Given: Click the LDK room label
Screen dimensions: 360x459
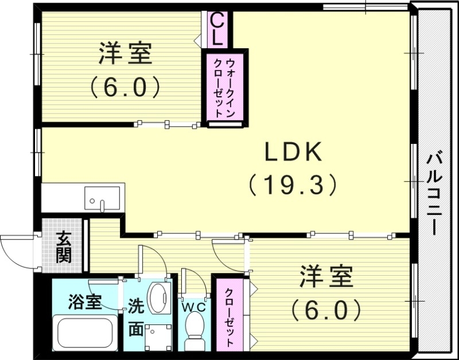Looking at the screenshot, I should [x=294, y=152].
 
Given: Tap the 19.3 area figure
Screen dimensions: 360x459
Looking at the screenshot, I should [x=293, y=185].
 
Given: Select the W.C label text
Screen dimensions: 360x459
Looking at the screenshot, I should [x=194, y=307].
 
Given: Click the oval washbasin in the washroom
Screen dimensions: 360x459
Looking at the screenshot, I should [x=157, y=297].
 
